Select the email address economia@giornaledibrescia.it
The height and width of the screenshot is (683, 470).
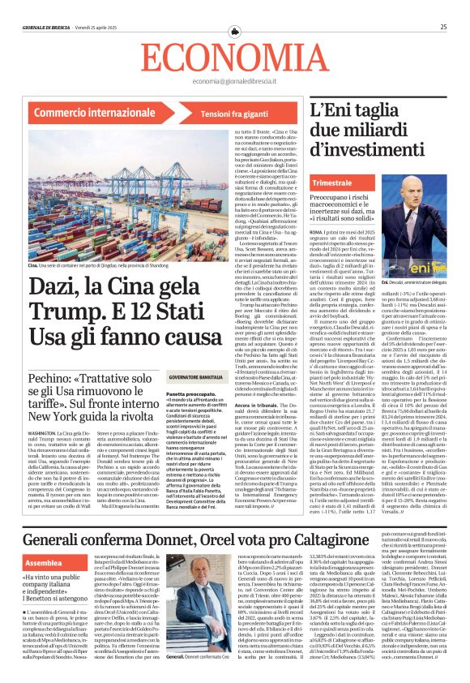pos(235,82)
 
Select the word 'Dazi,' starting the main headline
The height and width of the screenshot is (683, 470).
pos(58,285)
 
